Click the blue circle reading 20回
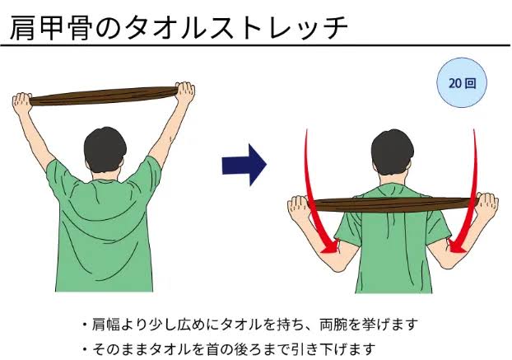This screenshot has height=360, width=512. [462, 82]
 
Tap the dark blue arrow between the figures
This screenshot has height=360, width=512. [244, 165]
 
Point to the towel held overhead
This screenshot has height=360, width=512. [103, 96]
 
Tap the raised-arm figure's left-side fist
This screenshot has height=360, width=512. [22, 102]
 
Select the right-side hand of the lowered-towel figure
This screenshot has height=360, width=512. [488, 206]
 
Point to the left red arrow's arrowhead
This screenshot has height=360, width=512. [330, 246]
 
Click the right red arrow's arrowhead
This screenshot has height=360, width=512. [457, 245]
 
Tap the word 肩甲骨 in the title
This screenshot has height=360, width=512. [49, 28]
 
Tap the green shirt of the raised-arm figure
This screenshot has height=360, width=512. [104, 229]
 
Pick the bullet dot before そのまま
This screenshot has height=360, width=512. [85, 349]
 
